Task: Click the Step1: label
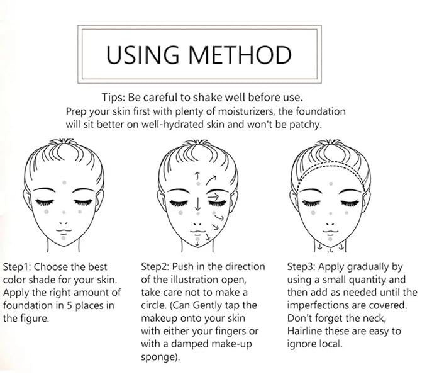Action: [x=20, y=266]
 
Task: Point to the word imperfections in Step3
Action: [x=318, y=306]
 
